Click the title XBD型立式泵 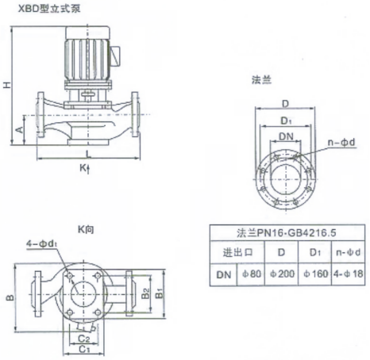(48, 9)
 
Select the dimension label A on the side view (19, 130)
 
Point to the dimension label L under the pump (88, 155)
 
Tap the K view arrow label (85, 168)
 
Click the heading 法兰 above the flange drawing (261, 79)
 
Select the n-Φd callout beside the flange (341, 143)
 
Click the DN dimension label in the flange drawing (286, 136)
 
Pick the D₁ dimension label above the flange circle (286, 121)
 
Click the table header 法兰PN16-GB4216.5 (287, 233)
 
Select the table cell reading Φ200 (282, 274)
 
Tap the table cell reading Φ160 (315, 274)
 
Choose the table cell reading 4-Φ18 (348, 274)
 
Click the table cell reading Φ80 (252, 274)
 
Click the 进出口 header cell (237, 252)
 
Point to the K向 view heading (86, 229)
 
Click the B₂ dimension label (145, 293)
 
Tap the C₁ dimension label (84, 350)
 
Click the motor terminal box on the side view (114, 56)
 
